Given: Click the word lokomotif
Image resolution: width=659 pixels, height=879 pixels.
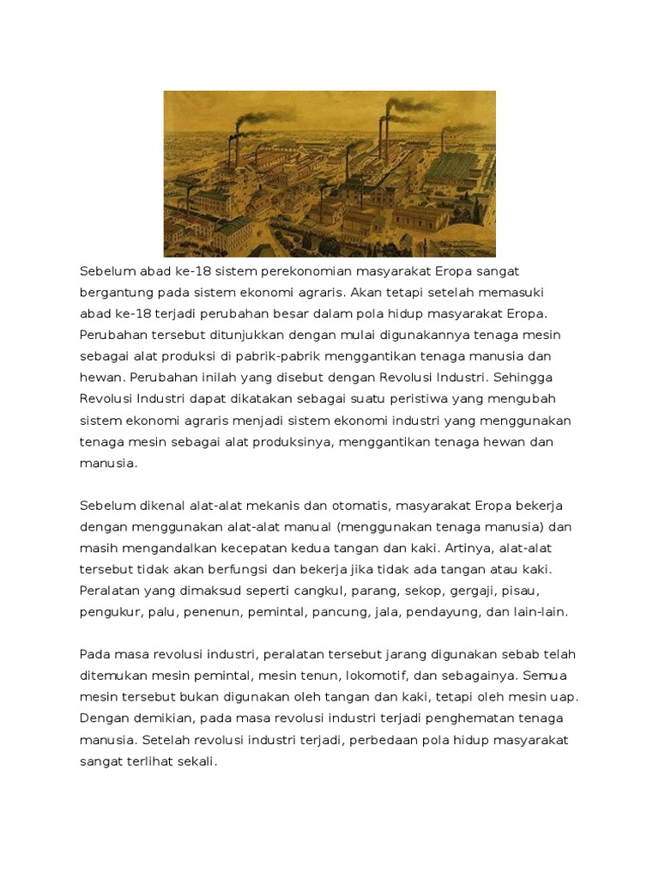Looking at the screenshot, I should (x=374, y=676).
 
